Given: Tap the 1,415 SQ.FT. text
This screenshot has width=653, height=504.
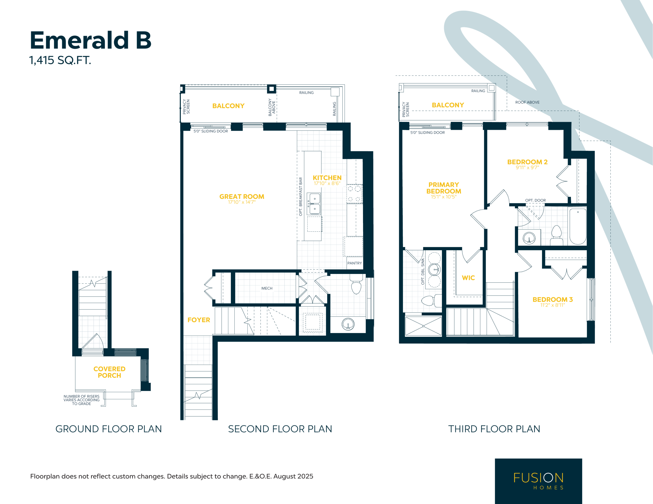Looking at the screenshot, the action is (60, 60).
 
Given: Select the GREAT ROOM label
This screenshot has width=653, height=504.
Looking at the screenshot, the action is (242, 197).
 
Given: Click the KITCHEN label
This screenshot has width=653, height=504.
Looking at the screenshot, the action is (327, 178).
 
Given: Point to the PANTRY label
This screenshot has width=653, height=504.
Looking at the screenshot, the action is (355, 263).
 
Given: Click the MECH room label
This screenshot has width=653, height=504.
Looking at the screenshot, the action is (267, 288).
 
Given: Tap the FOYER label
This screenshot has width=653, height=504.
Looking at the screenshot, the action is (199, 320).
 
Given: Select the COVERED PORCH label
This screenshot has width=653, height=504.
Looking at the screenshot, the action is (109, 372).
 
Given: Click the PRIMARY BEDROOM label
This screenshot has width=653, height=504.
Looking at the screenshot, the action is (444, 188).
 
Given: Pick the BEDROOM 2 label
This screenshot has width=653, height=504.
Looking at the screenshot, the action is (528, 162).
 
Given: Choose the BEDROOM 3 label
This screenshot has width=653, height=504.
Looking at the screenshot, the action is (552, 299).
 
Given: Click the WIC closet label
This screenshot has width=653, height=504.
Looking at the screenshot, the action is (468, 278).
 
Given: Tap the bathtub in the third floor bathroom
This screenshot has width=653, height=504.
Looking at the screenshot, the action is (578, 227).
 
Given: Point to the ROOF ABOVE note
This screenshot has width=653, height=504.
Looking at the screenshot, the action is (528, 102).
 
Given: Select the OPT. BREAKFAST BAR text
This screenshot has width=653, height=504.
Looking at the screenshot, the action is (300, 197).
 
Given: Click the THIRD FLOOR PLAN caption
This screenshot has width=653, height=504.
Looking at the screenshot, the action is (494, 429).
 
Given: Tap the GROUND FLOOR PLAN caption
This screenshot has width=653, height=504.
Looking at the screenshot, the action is (108, 429).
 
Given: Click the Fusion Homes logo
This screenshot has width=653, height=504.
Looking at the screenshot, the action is (538, 481).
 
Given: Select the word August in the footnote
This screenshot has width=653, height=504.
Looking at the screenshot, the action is (283, 476).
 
